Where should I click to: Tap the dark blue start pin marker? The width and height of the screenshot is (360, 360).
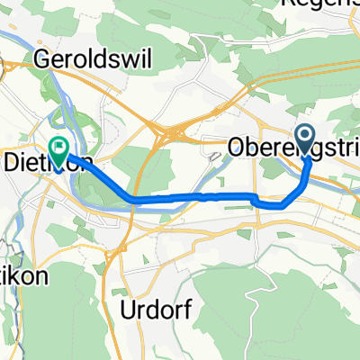pyautogui.click(x=305, y=138)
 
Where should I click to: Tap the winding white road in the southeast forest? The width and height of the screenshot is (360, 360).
pyautogui.click(x=297, y=297)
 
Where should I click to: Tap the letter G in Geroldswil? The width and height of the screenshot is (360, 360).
pyautogui.click(x=41, y=61)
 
